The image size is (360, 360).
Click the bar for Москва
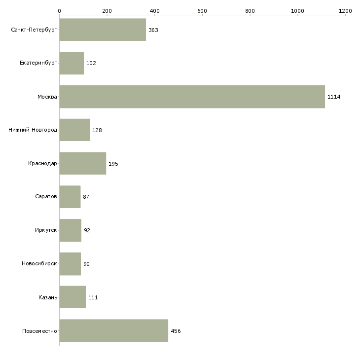192,97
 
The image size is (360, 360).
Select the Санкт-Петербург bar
103,30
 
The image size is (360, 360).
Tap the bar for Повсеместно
113,331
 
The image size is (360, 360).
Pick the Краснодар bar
82,164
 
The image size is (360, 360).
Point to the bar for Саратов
70,197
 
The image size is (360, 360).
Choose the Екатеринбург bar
72,63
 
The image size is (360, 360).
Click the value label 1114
334,97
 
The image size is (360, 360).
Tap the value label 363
153,30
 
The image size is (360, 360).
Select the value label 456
176,331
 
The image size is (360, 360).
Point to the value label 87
86,197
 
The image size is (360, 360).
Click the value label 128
97,130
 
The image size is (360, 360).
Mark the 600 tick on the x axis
202,10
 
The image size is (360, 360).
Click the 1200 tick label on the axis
345,10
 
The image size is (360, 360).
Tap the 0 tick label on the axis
59,10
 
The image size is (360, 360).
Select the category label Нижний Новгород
33,130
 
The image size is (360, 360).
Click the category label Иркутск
46,230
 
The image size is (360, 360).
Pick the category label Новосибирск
39,264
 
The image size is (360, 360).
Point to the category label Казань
47,297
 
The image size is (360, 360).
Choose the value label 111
93,297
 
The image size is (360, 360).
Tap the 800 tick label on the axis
250,10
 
